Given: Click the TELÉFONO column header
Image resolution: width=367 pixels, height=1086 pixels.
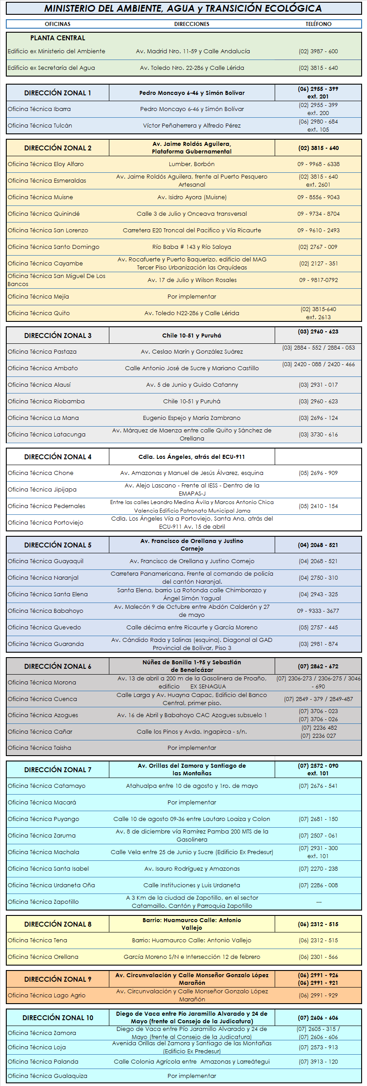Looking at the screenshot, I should click(x=318, y=24).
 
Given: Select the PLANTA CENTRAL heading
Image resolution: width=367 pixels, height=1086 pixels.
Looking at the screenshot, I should click(x=57, y=38).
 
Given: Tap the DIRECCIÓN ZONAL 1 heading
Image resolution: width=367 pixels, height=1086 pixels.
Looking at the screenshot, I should click(x=57, y=93).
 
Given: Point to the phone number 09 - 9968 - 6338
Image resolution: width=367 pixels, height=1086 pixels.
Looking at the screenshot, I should click(x=318, y=164).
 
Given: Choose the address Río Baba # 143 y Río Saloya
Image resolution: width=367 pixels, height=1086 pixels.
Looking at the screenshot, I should click(x=191, y=247).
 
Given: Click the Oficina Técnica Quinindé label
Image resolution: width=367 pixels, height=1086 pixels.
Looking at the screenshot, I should click(x=43, y=214).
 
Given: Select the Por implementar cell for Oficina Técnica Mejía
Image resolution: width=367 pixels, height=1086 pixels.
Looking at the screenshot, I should click(x=191, y=297).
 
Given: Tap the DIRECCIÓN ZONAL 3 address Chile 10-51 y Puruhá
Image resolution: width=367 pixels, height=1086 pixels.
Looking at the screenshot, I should click(x=191, y=336).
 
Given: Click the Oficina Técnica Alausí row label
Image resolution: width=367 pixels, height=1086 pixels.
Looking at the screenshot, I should click(x=39, y=385).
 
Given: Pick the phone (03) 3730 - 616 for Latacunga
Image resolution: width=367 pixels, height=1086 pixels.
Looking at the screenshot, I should click(x=318, y=435).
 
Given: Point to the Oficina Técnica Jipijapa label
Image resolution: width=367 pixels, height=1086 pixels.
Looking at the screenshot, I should click(x=42, y=490).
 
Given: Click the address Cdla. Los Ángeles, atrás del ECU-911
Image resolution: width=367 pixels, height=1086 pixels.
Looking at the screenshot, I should click(x=191, y=457).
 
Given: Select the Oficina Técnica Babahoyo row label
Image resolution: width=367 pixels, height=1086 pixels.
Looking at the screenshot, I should click(x=45, y=611).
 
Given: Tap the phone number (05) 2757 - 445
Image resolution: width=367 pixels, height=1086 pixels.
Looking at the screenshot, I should click(x=318, y=628).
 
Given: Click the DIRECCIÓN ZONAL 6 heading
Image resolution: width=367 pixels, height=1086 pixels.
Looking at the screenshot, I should click(x=57, y=667).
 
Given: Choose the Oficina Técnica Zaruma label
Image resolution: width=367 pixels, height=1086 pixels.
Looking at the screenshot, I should click(x=42, y=836).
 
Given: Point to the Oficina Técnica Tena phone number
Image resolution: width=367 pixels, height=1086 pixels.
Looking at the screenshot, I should click(x=318, y=941).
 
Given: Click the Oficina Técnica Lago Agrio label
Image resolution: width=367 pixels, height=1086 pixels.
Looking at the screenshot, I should click(x=47, y=996).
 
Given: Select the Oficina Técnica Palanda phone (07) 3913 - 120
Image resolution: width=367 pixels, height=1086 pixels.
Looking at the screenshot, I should click(x=318, y=1062).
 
